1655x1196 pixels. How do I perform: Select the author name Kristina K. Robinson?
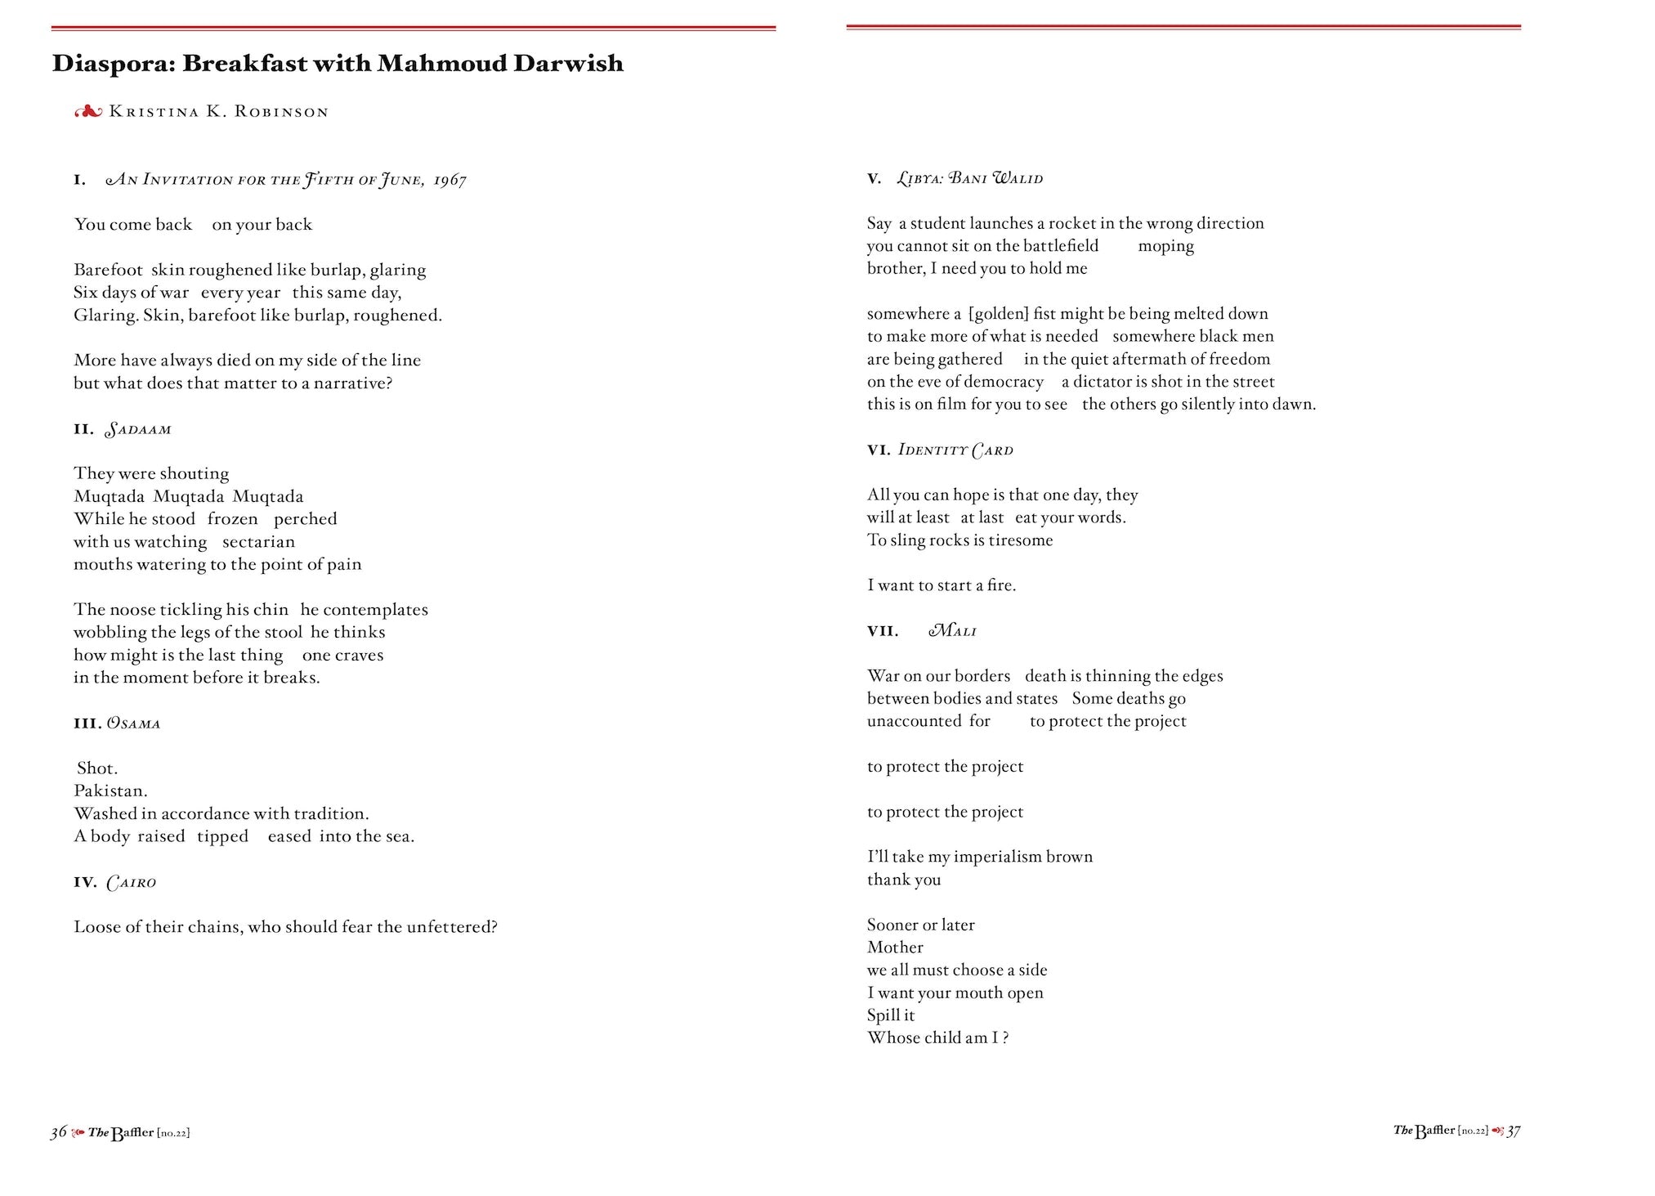pos(218,112)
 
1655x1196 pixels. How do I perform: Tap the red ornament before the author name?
pos(88,112)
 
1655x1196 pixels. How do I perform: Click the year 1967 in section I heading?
pos(450,181)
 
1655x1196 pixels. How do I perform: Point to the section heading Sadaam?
pos(138,430)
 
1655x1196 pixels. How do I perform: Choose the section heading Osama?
pos(134,723)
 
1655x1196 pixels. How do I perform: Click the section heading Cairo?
pos(132,883)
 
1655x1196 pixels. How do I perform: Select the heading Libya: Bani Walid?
pos(970,179)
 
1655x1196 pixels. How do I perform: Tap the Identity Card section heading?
pos(955,450)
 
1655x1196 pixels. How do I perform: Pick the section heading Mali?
pos(953,631)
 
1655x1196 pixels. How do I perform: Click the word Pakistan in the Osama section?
pos(110,791)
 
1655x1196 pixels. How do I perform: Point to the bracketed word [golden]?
pos(998,314)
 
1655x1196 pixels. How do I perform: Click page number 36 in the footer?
pos(58,1132)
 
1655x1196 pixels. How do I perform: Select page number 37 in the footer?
pos(1513,1131)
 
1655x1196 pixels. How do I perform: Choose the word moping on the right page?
pos(1165,246)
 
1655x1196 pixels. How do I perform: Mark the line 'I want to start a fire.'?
pos(942,585)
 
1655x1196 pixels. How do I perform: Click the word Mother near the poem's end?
pos(895,947)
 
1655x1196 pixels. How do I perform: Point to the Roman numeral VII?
pos(883,631)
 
